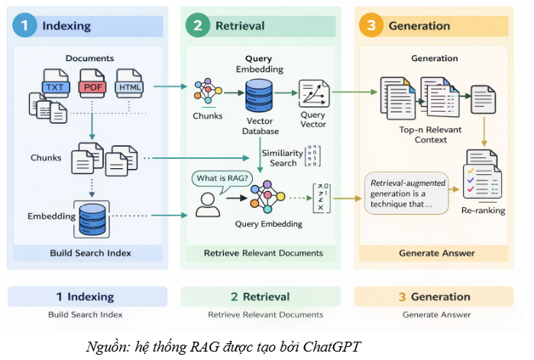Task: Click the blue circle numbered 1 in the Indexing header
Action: [x=25, y=25]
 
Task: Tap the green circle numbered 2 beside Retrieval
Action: [x=199, y=25]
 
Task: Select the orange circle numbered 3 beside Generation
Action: [x=372, y=25]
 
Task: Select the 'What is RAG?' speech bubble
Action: [x=225, y=179]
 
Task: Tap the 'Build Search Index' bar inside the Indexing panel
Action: [x=90, y=253]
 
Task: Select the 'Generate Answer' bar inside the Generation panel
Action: [x=437, y=253]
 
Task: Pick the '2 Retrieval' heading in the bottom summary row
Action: [x=261, y=297]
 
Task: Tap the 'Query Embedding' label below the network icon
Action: [x=270, y=224]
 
